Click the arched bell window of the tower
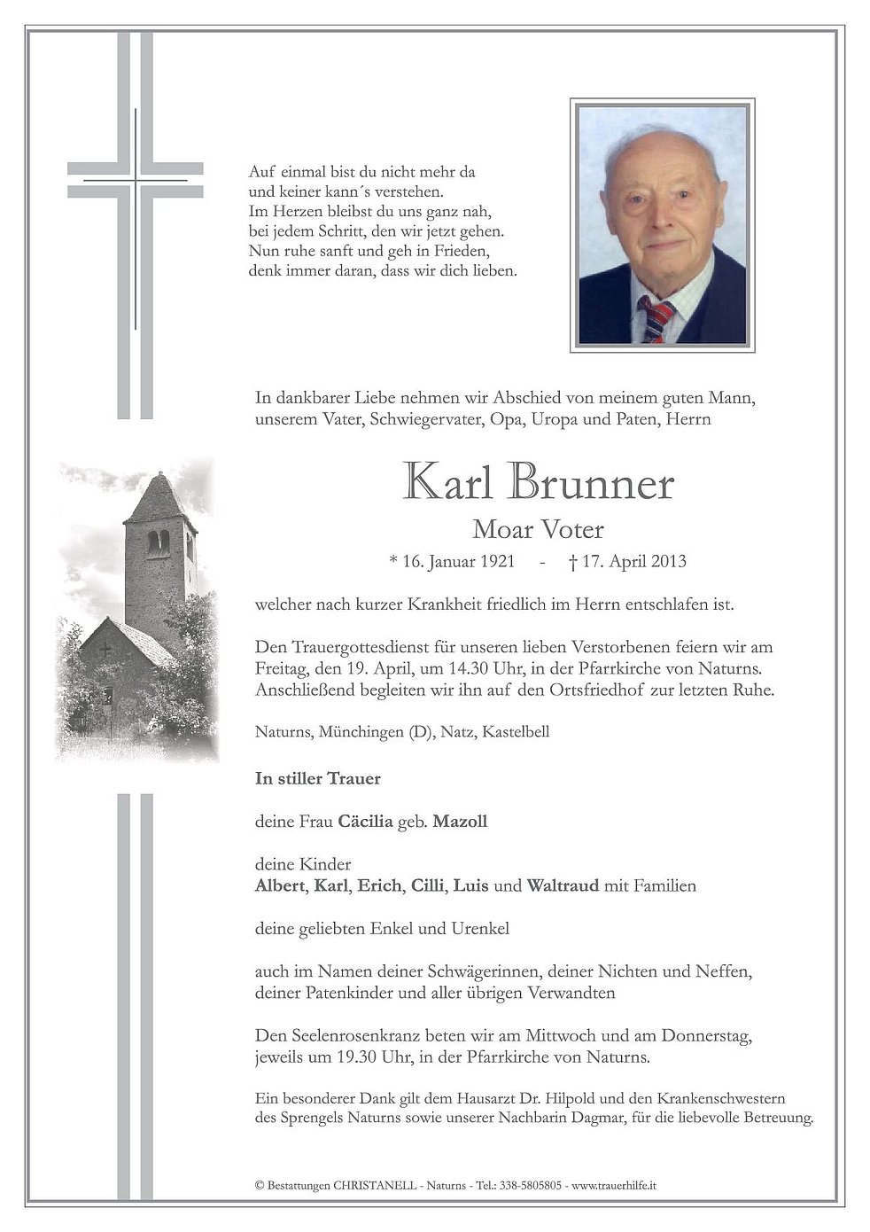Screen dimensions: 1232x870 [158, 542]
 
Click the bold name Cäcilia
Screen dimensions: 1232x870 [365, 822]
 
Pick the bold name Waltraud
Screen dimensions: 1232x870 [563, 885]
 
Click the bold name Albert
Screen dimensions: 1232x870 [278, 885]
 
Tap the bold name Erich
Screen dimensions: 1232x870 [379, 885]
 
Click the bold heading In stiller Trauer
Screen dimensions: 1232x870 [317, 779]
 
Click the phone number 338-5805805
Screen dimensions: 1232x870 [531, 1185]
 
